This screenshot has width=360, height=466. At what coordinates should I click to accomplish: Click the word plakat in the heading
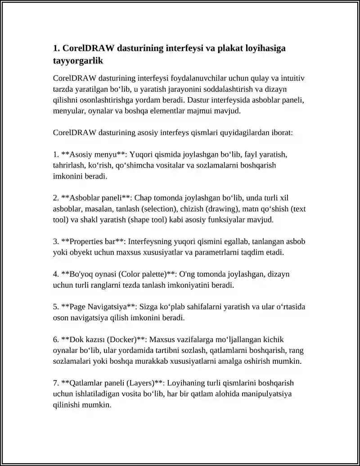(x=231, y=48)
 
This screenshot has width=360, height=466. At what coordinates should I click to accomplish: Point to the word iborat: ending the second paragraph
(x=281, y=133)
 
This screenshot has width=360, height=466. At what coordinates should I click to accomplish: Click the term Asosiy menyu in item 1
(x=92, y=154)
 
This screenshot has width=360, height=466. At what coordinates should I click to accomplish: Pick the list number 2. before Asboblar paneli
(x=56, y=198)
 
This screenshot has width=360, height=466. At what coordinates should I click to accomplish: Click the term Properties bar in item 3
(x=92, y=242)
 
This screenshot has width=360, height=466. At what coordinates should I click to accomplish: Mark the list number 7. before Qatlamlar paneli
(x=56, y=383)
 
